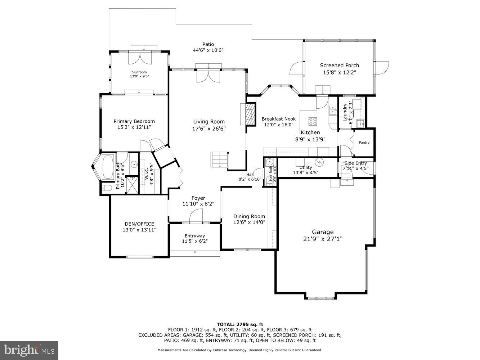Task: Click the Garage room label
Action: tap(323, 232)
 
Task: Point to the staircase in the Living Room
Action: tap(219, 159)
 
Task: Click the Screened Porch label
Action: tap(339, 65)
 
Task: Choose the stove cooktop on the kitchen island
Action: tap(313, 121)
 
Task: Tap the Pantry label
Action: tap(364, 143)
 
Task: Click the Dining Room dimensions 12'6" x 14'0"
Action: tap(249, 222)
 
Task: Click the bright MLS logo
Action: tap(29, 350)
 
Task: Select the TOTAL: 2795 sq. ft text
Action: tap(240, 324)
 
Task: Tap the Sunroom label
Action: tap(139, 72)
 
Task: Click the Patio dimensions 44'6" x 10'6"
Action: tap(208, 50)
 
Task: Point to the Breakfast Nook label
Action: tap(278, 119)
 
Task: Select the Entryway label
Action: tap(195, 236)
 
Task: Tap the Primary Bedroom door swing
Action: tap(145, 146)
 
